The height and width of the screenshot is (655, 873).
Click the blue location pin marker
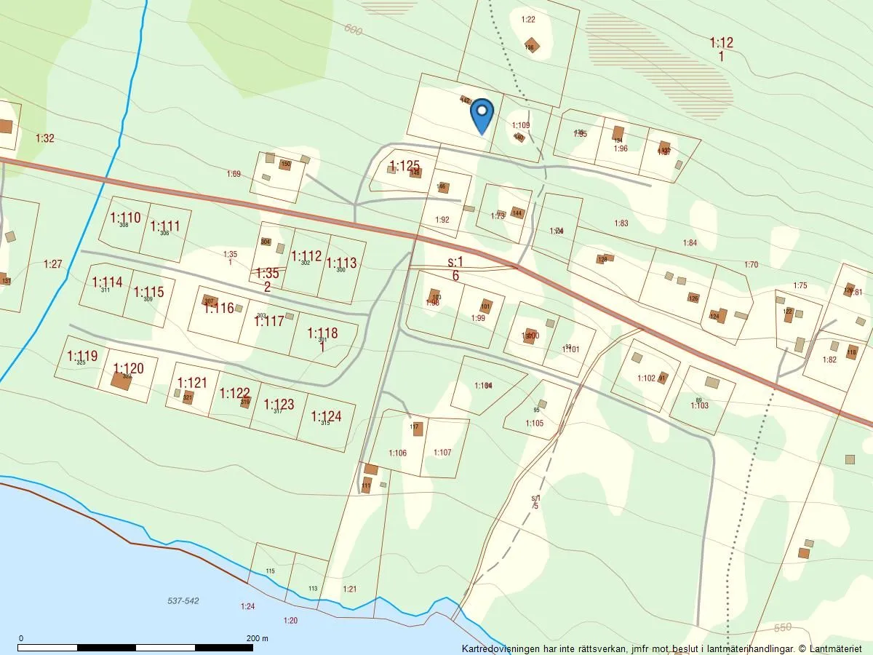pyautogui.click(x=482, y=115)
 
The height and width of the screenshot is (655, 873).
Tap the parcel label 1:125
pyautogui.click(x=404, y=166)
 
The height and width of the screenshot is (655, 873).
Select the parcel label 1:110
pyautogui.click(x=125, y=217)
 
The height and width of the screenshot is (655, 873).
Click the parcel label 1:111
pyautogui.click(x=165, y=226)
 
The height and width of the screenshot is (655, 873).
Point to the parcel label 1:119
pyautogui.click(x=81, y=356)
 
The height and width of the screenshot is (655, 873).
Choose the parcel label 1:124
pyautogui.click(x=326, y=416)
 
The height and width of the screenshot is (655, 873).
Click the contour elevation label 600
pyautogui.click(x=354, y=30)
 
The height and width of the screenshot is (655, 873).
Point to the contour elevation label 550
pyautogui.click(x=783, y=627)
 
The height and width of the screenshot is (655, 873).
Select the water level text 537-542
pyautogui.click(x=183, y=601)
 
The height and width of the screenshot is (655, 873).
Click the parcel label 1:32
pyautogui.click(x=45, y=138)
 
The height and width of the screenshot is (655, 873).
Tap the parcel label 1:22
pyautogui.click(x=528, y=20)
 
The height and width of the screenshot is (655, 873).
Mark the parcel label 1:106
pyautogui.click(x=397, y=453)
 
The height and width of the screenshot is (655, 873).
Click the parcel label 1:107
pyautogui.click(x=442, y=453)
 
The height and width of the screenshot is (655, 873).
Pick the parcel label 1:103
pyautogui.click(x=699, y=405)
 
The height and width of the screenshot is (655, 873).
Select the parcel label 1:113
pyautogui.click(x=341, y=263)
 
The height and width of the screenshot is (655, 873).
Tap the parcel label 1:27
pyautogui.click(x=53, y=264)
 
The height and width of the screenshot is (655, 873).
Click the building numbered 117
pyautogui.click(x=418, y=429)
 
